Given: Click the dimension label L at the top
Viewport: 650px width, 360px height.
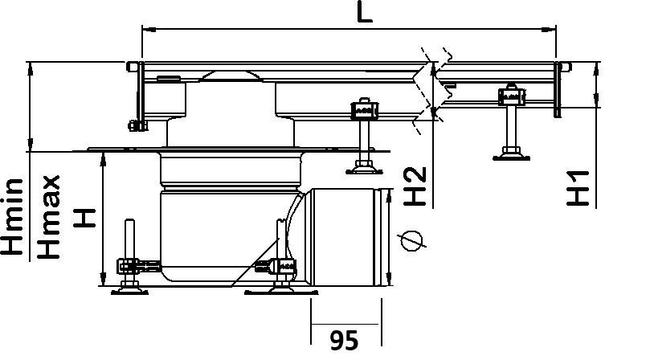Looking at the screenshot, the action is tap(365, 12).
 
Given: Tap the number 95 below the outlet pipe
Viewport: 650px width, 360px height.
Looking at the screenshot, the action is tap(345, 341).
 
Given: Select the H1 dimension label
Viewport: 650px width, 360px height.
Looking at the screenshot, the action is tap(578, 188).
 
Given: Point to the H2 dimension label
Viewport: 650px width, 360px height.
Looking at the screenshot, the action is tap(415, 186).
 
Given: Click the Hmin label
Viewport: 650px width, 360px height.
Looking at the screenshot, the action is tap(12, 216).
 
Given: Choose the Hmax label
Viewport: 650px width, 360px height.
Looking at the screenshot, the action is tap(48, 216).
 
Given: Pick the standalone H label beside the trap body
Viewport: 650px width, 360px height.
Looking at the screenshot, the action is tap(84, 218).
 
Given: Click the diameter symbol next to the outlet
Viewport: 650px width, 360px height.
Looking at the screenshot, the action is tap(411, 240).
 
